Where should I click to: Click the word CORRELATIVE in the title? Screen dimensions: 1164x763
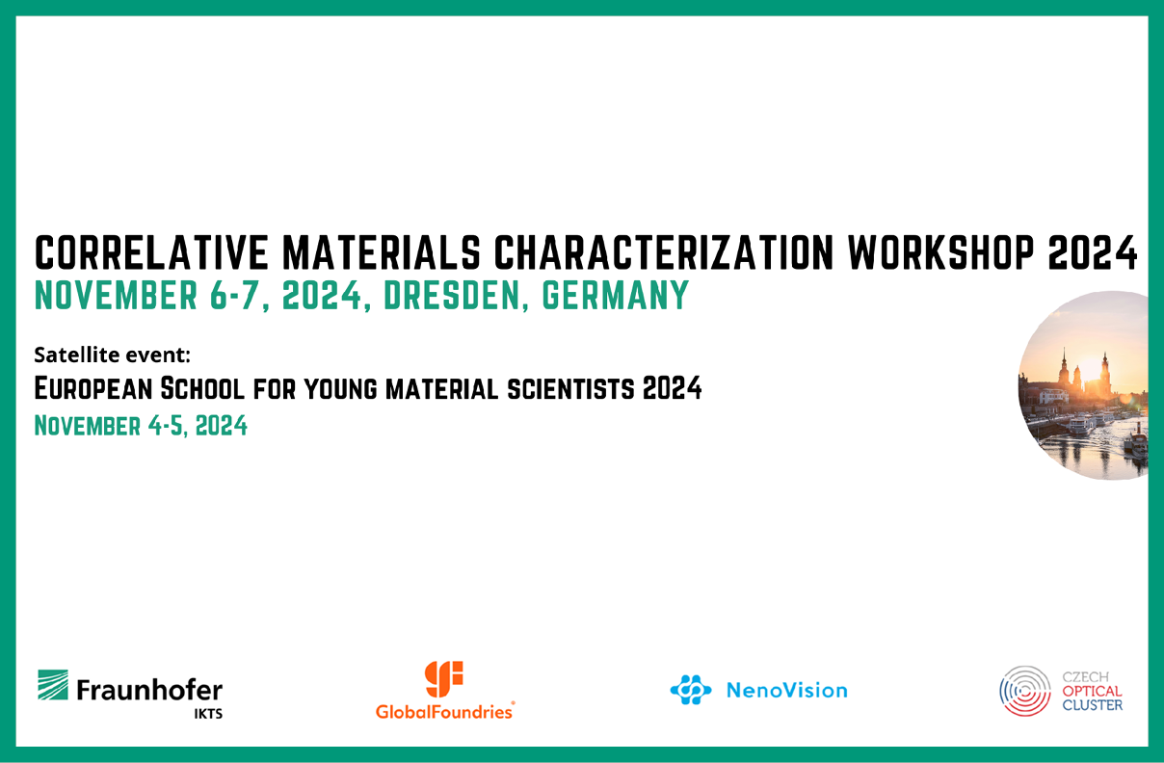[x=151, y=253]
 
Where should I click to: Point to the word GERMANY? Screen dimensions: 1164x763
[x=616, y=295]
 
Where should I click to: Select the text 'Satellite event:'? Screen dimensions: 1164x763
[x=112, y=355]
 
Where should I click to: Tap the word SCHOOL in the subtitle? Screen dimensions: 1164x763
[x=202, y=388]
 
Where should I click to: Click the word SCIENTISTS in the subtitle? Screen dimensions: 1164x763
[x=570, y=389]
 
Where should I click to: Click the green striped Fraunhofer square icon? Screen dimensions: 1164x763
[x=53, y=685]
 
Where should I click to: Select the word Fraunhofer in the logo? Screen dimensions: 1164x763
[x=149, y=690]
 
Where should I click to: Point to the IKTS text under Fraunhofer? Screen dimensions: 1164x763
[x=208, y=714]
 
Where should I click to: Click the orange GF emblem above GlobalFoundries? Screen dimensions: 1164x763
[x=444, y=679]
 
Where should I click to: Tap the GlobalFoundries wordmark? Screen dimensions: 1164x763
[x=445, y=711]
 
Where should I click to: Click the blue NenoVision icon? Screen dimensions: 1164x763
[x=691, y=690]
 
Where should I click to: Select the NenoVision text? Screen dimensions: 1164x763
[x=786, y=691]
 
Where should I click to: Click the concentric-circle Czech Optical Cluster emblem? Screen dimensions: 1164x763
[x=1024, y=692]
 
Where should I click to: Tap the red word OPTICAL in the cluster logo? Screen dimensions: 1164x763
[x=1093, y=692]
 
